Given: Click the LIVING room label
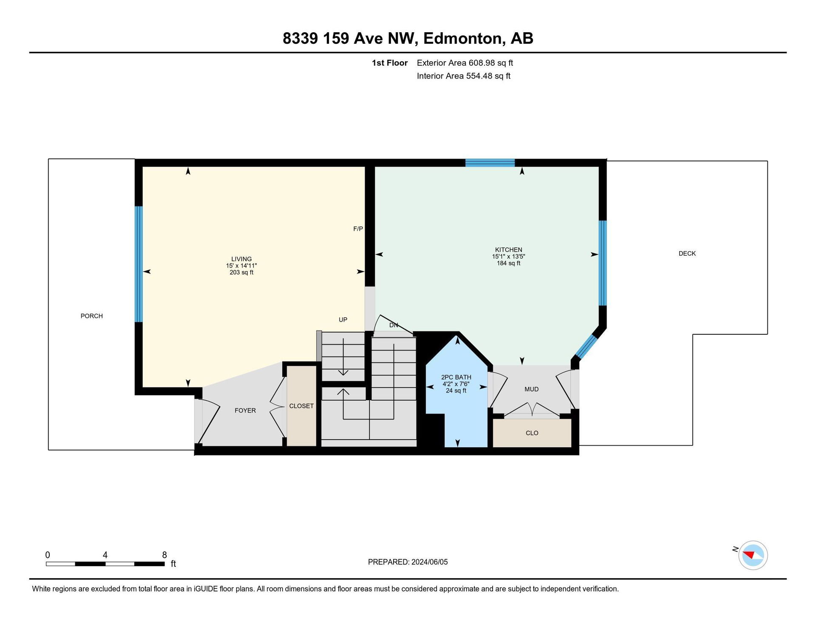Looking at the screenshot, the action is tap(241, 259).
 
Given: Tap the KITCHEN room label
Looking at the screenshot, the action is tap(508, 250).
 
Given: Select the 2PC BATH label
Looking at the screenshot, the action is tap(456, 377).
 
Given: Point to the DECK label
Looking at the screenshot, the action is tap(687, 254).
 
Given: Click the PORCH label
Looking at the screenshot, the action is tap(92, 316).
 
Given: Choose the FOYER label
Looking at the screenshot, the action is tap(245, 410).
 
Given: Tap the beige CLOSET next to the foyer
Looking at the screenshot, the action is tap(301, 406).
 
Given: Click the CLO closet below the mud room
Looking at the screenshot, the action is tap(532, 433).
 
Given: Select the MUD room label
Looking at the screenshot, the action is tap(532, 389).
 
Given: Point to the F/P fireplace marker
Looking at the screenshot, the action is tap(358, 229).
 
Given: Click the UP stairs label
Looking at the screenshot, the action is tap(343, 320).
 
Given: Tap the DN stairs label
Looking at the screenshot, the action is tap(394, 325).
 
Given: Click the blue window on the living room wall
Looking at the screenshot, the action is tap(139, 264).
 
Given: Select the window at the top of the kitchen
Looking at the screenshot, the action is tap(490, 163).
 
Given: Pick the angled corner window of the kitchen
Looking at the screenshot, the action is tap(586, 347).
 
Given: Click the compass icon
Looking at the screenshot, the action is tap(753, 555).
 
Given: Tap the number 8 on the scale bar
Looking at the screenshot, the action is tap(164, 555).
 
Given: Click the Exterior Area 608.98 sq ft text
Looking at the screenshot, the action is tap(465, 63).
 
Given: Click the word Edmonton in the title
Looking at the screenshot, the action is tap(464, 39).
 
